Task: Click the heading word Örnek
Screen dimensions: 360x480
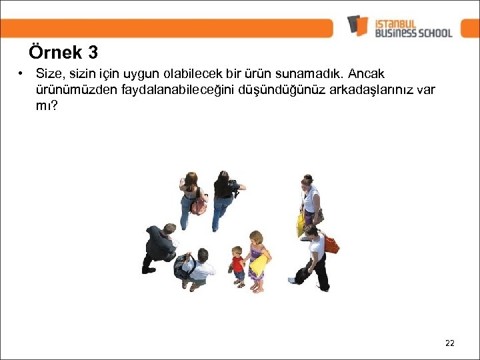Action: pos(55,53)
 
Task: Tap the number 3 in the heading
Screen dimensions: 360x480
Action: pos(92,53)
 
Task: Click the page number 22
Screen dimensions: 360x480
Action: pos(449,343)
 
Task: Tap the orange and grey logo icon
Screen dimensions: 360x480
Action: pos(357,25)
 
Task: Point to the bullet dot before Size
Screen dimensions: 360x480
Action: pos(22,73)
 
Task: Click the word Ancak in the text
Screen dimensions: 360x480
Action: pos(367,73)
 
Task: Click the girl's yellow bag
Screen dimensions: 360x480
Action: pos(258,265)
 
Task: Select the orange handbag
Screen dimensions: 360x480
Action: pos(331,244)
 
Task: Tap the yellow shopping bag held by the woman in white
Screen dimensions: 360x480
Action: pos(301,225)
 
